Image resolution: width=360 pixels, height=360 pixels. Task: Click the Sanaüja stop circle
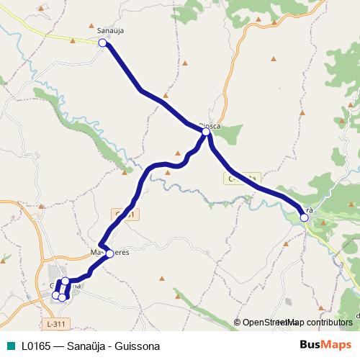[x=102, y=43]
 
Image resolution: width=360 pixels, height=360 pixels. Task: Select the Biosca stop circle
[x=206, y=132]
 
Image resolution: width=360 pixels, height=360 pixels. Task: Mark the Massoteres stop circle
[x=109, y=253]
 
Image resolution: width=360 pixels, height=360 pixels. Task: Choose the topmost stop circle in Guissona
[x=65, y=281]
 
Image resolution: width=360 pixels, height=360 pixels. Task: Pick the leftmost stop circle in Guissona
[x=56, y=295]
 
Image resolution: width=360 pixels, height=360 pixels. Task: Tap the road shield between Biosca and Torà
[x=242, y=176]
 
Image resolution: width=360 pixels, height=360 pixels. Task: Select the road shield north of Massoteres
[x=124, y=215]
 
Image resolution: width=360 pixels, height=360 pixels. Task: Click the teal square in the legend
[x=9, y=346]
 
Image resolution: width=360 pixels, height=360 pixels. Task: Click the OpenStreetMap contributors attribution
[x=297, y=323]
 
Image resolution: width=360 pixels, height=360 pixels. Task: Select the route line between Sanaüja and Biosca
[x=144, y=91]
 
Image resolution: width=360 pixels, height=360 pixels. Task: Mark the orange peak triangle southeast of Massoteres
[x=163, y=279]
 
